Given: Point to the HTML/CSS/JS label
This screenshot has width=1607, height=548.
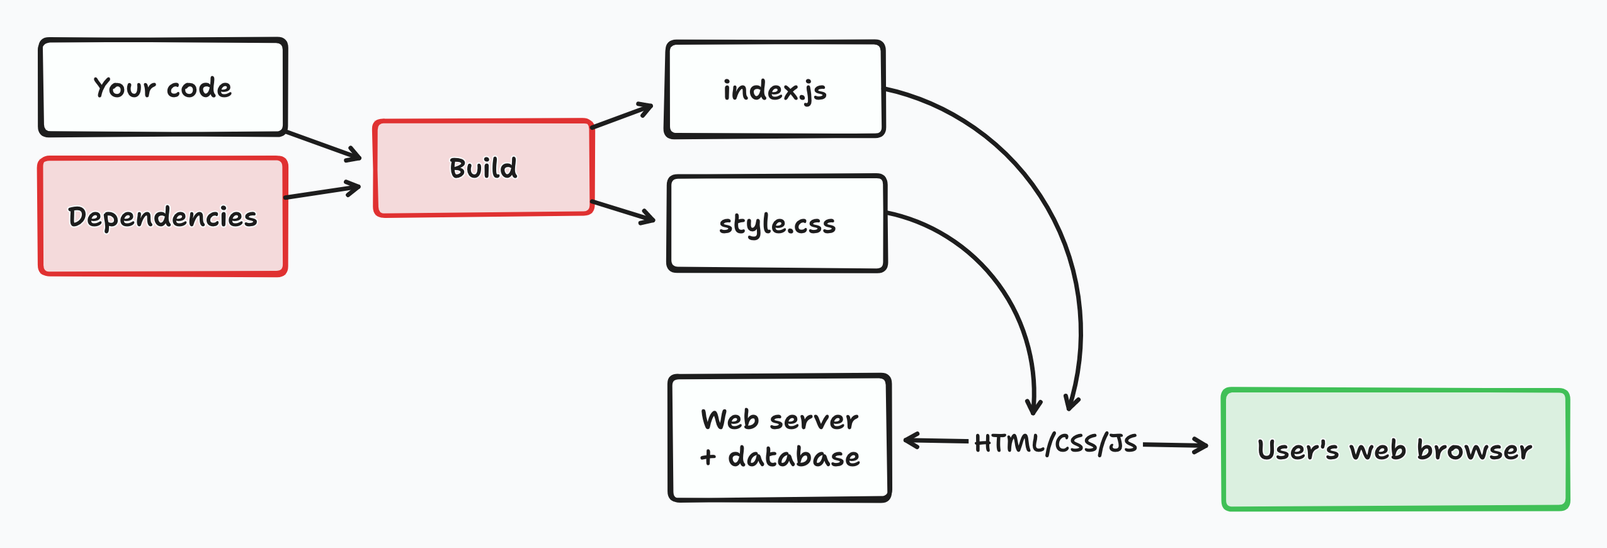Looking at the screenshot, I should [1055, 443].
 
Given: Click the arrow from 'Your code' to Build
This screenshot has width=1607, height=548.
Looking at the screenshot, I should [324, 146].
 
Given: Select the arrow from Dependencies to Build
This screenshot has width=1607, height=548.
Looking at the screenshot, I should [322, 192].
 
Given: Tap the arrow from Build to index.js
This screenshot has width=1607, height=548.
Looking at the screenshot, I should [622, 117].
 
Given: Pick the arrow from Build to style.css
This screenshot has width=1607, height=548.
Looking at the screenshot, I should [623, 212].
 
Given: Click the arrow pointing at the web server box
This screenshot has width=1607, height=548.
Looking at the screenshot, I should [935, 441].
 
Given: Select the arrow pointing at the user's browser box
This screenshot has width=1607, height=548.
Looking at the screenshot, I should [1175, 445].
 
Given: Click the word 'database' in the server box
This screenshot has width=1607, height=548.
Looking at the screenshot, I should [794, 457].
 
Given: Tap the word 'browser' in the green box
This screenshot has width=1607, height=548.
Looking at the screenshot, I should [1474, 450].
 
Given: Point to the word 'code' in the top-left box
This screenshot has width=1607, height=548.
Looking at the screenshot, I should [199, 88].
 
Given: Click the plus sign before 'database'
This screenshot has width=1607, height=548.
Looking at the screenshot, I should [708, 457].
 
